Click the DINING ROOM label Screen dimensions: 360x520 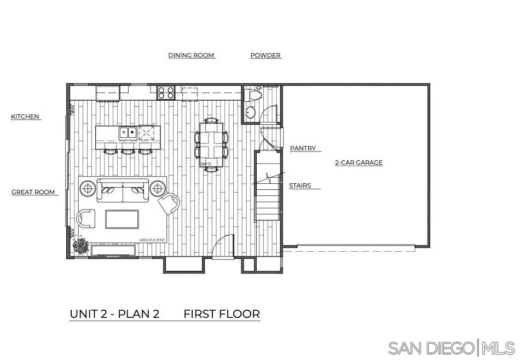191,55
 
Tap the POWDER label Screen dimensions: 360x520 265,55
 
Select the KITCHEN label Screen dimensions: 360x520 25,117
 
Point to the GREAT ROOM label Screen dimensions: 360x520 33,192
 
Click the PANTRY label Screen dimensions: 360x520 303,148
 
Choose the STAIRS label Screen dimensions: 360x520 300,185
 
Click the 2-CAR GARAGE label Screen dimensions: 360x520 359,162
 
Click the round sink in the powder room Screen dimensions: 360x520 250,113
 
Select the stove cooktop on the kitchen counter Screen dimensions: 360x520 166,92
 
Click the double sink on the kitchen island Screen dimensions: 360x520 129,132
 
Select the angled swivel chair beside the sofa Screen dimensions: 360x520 170,204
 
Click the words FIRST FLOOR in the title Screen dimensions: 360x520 221,314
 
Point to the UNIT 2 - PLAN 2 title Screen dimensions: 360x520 114,314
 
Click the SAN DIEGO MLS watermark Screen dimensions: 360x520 451,347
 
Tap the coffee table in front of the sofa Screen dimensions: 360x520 122,219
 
